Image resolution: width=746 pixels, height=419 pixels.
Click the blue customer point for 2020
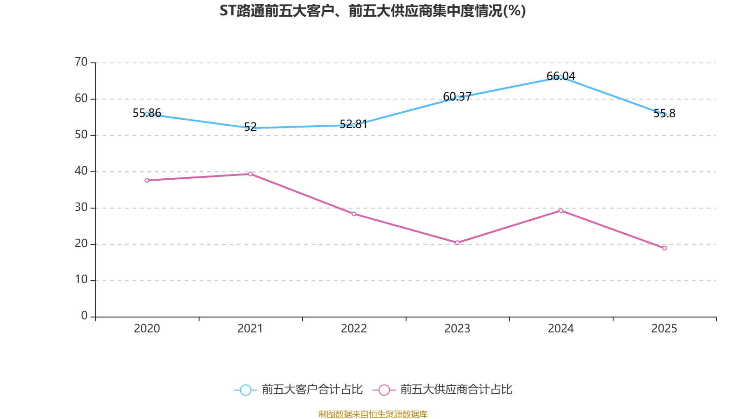[x=147, y=114]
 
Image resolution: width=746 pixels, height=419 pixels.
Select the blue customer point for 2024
[x=560, y=77]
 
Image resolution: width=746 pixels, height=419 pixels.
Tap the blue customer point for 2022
[x=354, y=125]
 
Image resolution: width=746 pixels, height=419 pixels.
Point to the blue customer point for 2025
[x=664, y=115]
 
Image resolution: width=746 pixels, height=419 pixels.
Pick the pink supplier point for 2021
[x=250, y=174]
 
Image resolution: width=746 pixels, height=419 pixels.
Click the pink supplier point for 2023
[x=457, y=243]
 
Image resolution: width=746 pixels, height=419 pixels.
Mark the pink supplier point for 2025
[x=664, y=248]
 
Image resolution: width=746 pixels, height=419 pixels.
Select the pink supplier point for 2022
[x=354, y=214]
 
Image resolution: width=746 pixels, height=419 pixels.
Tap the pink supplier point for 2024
[x=560, y=210]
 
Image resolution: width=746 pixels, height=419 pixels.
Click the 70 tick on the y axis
[x=81, y=62]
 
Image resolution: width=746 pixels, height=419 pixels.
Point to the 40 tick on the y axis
[x=81, y=171]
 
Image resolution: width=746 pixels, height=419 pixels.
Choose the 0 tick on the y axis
[x=84, y=316]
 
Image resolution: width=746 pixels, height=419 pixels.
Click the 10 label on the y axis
[x=81, y=280]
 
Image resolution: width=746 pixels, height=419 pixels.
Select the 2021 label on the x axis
[x=250, y=329]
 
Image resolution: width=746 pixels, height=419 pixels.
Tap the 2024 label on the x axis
[x=560, y=329]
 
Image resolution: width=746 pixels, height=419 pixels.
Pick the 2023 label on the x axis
[x=457, y=329]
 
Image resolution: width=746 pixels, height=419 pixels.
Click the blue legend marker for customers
[x=245, y=390]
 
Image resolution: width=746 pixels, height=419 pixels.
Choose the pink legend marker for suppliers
[x=384, y=390]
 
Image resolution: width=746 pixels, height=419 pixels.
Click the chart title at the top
[x=373, y=11]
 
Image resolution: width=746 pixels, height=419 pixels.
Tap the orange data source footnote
[x=373, y=414]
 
